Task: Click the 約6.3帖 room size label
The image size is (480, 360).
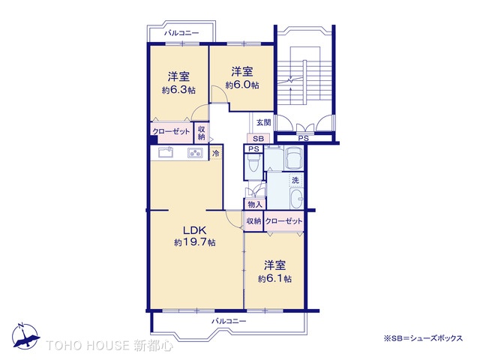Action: pyautogui.click(x=178, y=90)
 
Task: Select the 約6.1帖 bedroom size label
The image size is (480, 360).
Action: pyautogui.click(x=274, y=278)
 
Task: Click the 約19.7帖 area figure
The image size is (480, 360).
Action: pyautogui.click(x=194, y=243)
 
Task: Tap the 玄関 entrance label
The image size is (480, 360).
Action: pyautogui.click(x=262, y=122)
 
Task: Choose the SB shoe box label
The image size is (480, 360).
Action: pyautogui.click(x=258, y=139)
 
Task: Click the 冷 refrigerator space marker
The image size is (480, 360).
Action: pyautogui.click(x=216, y=153)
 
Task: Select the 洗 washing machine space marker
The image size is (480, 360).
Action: pyautogui.click(x=295, y=180)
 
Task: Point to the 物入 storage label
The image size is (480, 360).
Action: pyautogui.click(x=254, y=204)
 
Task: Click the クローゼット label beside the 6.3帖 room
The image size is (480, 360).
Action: pyautogui.click(x=172, y=132)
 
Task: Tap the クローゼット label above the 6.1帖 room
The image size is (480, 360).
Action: pyautogui.click(x=283, y=221)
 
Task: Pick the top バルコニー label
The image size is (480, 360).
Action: pyautogui.click(x=181, y=34)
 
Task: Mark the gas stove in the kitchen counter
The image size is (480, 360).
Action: pyautogui.click(x=195, y=153)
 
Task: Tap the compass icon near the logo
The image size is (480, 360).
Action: pyautogui.click(x=24, y=335)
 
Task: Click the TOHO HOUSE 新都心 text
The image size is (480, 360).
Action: pyautogui.click(x=109, y=346)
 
